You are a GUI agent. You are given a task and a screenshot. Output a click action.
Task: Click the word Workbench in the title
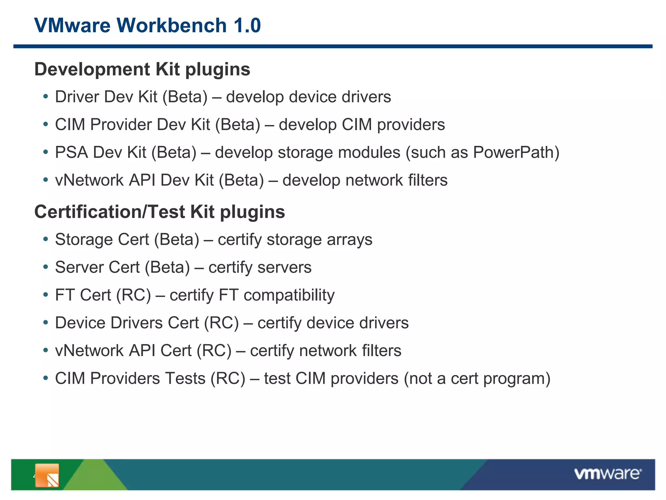[x=171, y=25]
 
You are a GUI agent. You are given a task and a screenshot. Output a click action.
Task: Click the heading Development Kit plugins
[x=142, y=69]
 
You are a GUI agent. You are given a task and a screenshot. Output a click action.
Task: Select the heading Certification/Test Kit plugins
[x=159, y=212]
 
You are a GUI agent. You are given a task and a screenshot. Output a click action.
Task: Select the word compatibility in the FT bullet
[x=289, y=295]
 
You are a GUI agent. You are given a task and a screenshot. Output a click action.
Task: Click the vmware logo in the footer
[x=607, y=474]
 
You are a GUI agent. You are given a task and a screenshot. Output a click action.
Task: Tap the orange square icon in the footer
[x=47, y=476]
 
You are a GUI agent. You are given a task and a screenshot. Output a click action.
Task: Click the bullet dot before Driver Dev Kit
[x=46, y=97]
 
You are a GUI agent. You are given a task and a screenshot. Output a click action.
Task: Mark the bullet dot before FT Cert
[x=46, y=295]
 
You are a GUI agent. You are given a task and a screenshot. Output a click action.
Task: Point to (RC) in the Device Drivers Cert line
[x=221, y=323]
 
